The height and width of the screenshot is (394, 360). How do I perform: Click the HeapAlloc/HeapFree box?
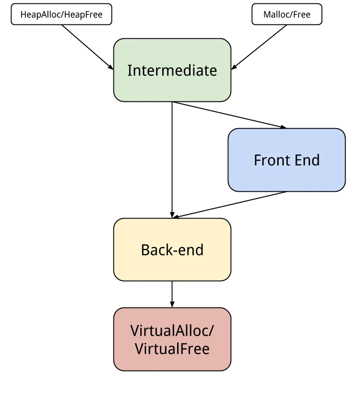(61, 14)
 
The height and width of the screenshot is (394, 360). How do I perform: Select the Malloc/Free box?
(287, 14)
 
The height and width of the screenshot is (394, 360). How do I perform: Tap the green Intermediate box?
(172, 70)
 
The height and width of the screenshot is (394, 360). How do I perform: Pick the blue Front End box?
(287, 160)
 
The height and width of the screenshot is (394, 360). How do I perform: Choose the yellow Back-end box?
(172, 250)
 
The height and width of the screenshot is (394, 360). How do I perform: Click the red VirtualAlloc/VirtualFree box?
(172, 339)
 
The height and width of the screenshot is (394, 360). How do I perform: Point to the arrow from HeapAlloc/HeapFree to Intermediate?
(88, 47)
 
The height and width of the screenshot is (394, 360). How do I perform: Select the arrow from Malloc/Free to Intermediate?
(259, 47)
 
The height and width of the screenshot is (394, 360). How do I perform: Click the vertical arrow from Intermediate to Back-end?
(172, 160)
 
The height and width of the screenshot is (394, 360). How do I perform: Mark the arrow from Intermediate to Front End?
(229, 115)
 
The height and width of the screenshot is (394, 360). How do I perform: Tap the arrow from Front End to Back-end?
(229, 205)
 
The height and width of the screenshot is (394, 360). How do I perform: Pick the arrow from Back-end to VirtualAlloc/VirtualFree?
(172, 294)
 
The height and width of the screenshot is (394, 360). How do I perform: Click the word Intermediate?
(172, 70)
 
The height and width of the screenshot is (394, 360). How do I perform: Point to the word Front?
(272, 160)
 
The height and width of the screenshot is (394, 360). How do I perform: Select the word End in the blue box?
(307, 160)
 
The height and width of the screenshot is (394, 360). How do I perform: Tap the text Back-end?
(172, 250)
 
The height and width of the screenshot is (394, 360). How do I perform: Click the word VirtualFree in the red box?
(172, 349)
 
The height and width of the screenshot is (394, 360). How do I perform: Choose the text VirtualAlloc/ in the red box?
(172, 331)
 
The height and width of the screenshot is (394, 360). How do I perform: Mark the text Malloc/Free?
(287, 14)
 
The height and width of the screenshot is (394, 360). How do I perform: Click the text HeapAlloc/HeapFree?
(61, 14)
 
